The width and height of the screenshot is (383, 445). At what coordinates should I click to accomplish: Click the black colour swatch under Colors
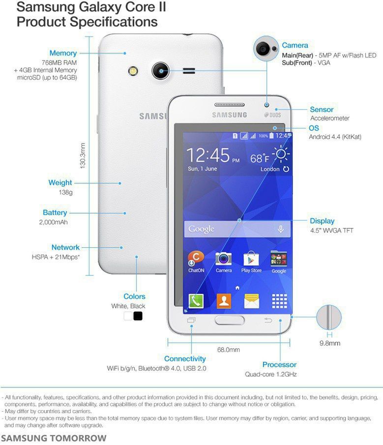(x=138, y=316)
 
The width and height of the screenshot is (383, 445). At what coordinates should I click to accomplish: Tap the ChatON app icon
(x=196, y=259)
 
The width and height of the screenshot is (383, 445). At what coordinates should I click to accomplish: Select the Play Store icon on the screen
(x=251, y=259)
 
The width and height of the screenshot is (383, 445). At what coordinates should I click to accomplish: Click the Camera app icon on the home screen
(x=224, y=259)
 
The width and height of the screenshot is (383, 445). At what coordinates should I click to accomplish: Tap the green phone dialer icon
(x=196, y=300)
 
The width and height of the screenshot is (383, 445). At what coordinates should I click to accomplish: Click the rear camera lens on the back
(x=160, y=71)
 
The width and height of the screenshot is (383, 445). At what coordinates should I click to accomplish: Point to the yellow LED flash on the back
(x=133, y=71)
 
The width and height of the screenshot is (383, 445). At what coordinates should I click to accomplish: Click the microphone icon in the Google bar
(x=281, y=229)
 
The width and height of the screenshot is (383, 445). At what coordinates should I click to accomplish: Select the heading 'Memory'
(x=63, y=53)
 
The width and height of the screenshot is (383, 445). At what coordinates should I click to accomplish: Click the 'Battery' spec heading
(x=55, y=213)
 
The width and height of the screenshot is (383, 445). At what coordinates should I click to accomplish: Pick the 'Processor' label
(x=279, y=365)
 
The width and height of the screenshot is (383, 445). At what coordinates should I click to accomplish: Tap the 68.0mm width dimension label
(x=229, y=350)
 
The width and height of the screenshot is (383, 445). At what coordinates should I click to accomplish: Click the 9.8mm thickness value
(x=329, y=343)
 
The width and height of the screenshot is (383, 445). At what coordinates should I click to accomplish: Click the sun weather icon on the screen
(x=281, y=155)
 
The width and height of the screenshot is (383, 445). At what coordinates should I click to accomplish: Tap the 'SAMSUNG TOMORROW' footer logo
(x=54, y=438)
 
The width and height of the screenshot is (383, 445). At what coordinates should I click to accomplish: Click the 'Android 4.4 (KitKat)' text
(x=335, y=137)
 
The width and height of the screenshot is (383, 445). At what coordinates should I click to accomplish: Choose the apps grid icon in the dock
(x=279, y=300)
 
